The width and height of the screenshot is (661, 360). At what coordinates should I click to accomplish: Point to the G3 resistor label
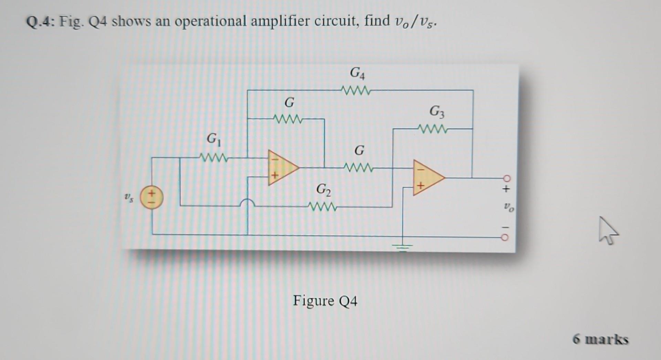[x=437, y=112]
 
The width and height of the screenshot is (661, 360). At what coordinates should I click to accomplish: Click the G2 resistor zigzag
[x=323, y=207]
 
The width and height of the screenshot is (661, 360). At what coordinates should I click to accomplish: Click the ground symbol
[x=402, y=246]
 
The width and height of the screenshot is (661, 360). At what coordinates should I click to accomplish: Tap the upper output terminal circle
[x=506, y=178]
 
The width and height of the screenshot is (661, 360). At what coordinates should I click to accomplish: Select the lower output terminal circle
[x=505, y=237]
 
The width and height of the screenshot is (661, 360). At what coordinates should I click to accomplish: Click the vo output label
[x=508, y=207]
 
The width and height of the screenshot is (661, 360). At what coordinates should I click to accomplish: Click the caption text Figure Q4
[x=325, y=301]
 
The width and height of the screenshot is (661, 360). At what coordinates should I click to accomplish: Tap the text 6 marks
[x=600, y=339]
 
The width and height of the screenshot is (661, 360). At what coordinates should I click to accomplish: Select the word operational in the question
[x=211, y=21]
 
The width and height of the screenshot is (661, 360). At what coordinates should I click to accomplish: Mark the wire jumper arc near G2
[x=247, y=202]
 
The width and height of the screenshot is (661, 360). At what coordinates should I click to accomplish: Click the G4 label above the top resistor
[x=357, y=73]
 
